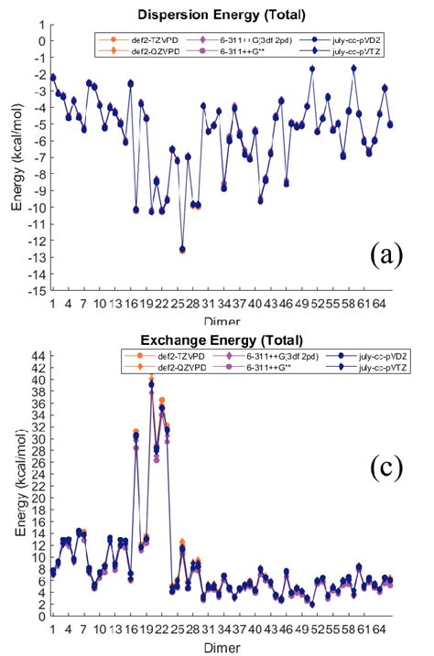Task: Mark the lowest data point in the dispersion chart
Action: pyautogui.click(x=182, y=249)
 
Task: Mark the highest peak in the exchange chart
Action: pyautogui.click(x=151, y=379)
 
